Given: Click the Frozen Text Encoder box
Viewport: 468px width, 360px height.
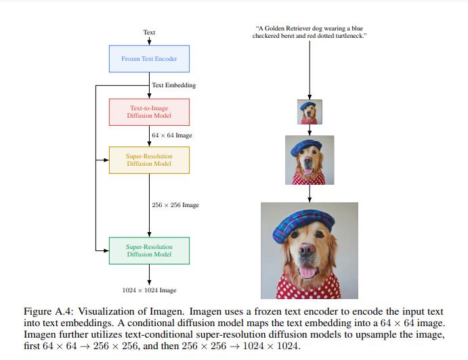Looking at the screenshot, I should click(x=149, y=59).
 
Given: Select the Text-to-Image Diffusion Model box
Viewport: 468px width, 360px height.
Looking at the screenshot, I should click(x=149, y=112).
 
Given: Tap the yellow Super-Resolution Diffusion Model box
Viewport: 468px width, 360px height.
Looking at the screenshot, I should click(x=149, y=160).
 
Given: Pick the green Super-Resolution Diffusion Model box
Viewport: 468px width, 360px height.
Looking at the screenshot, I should click(x=149, y=250).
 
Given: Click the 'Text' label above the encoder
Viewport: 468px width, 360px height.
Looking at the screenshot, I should click(x=149, y=32).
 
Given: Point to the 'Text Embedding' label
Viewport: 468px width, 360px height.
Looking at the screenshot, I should click(x=174, y=85).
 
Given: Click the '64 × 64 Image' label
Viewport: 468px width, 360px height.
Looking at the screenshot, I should click(x=172, y=135).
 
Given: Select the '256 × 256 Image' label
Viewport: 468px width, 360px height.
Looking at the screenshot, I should click(x=175, y=205).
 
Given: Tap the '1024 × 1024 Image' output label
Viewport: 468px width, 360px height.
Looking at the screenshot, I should click(x=149, y=290).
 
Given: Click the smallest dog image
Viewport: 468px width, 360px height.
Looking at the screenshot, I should click(x=310, y=112).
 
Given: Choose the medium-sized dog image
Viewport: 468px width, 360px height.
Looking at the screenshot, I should click(x=310, y=160).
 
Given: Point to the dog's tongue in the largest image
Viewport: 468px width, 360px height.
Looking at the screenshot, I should click(x=308, y=271).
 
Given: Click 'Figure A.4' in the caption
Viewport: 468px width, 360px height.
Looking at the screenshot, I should click(x=43, y=311).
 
